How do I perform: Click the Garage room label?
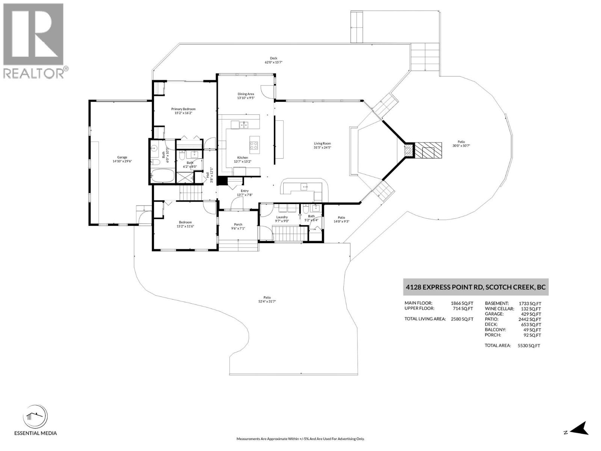(122, 157)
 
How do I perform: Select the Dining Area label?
(246, 94)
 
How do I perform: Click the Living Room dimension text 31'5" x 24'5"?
(322, 147)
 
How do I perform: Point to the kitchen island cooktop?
(254, 145)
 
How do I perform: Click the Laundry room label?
(282, 217)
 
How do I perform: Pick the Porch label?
(238, 224)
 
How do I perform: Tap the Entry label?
(245, 191)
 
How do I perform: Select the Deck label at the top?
(273, 58)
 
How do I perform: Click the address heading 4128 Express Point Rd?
(476, 288)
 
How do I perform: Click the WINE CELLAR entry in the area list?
(499, 309)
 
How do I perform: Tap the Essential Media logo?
(35, 417)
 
